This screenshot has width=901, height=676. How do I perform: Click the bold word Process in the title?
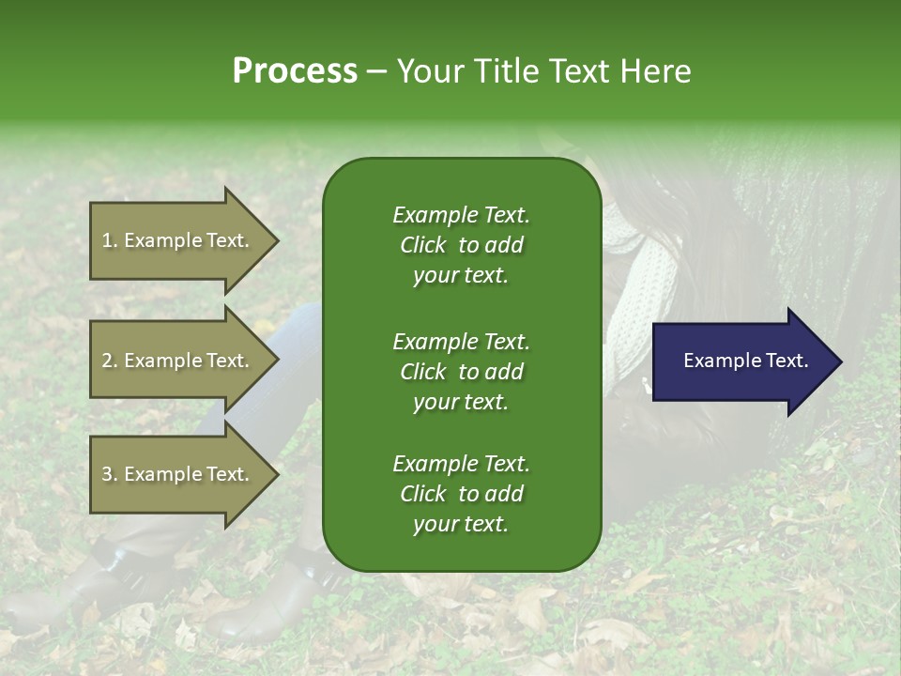tap(295, 70)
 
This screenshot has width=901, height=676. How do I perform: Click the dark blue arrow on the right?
tap(741, 361)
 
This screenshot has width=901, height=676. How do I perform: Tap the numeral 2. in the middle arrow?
tap(109, 361)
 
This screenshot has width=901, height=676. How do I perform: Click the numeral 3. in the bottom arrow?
tap(109, 474)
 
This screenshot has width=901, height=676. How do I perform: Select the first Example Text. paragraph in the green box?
tap(461, 245)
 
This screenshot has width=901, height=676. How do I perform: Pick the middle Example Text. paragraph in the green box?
tap(461, 371)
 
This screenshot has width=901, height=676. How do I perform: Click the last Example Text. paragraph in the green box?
tap(461, 494)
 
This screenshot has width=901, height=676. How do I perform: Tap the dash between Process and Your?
tap(377, 71)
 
